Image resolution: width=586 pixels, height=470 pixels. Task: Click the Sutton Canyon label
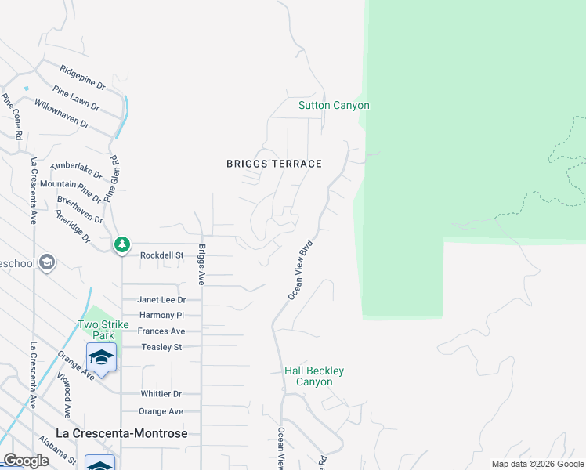point(333,106)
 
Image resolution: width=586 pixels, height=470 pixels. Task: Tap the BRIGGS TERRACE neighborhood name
point(274,164)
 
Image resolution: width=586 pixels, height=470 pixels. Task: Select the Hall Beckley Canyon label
point(313,376)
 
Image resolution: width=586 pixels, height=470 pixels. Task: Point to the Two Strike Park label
point(97,330)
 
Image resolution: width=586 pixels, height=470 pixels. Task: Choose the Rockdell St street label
point(161,255)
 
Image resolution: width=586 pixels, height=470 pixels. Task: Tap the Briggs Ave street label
point(201,265)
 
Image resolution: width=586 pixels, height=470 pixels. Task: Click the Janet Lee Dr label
point(161,300)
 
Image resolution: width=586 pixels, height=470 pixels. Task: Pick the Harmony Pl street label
point(161,316)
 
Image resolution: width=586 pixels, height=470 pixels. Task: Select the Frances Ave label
point(161,331)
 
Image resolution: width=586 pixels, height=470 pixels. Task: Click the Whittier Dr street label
point(161,394)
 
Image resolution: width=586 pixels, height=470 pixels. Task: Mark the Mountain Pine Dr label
point(70,185)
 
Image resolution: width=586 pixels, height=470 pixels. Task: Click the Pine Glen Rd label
point(114,169)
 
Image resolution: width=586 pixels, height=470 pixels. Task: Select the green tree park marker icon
point(122,245)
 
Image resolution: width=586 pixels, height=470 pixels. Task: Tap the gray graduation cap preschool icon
point(46,262)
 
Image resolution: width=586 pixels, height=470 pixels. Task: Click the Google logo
point(26,461)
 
